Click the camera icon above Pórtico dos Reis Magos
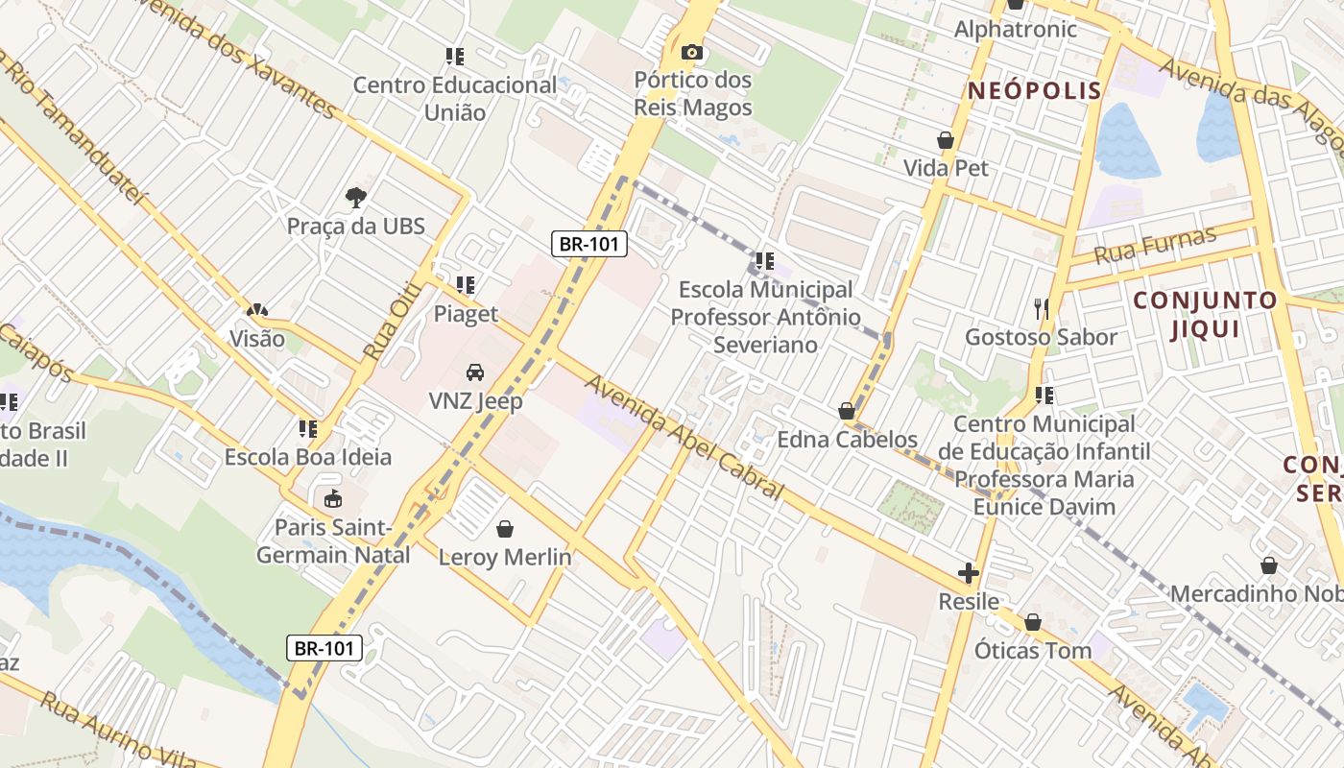(691, 52)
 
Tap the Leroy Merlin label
(505, 557)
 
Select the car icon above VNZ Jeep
(474, 372)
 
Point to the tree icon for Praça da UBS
(356, 198)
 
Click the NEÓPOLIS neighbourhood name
(1034, 91)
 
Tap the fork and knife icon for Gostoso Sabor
(1042, 308)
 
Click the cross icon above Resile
(968, 574)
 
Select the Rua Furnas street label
(1156, 245)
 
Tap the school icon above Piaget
(466, 285)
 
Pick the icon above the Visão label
(256, 310)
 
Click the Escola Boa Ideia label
(308, 457)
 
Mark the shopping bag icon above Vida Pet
(946, 140)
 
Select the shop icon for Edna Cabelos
(847, 411)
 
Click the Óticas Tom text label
(1033, 651)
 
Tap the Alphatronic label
(1015, 30)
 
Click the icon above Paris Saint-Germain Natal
(332, 498)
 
